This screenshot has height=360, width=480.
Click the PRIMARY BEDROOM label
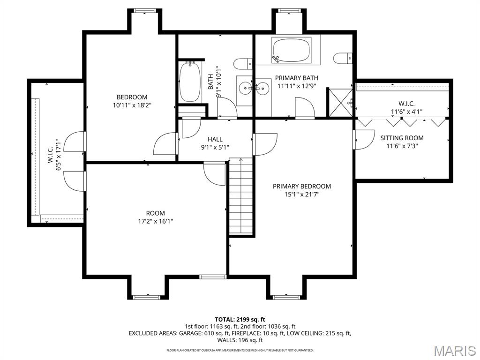302,186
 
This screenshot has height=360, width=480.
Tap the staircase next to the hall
241,197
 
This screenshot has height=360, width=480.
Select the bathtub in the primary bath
291,50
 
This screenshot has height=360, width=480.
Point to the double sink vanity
254,88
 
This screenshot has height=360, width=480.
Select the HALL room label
215,139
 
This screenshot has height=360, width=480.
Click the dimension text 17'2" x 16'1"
155,221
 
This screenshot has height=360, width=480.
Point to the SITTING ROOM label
402,138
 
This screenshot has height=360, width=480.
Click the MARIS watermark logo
454,350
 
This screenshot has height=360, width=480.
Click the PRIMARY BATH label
297,78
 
